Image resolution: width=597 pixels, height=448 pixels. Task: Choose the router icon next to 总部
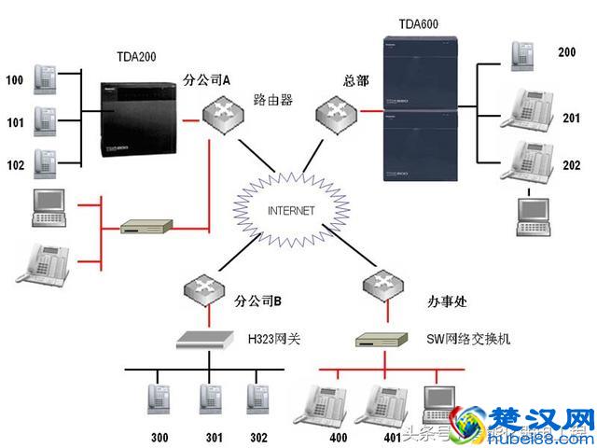[333, 114]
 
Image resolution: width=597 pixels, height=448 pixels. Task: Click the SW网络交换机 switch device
[382, 340]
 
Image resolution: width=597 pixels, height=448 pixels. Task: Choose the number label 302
[258, 437]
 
